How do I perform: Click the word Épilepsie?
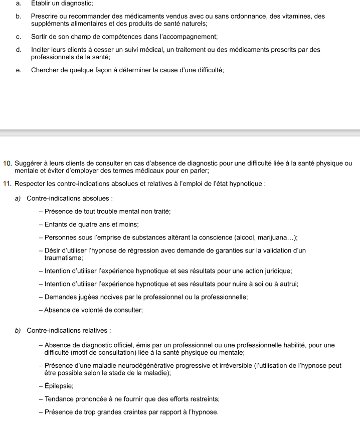(59, 386)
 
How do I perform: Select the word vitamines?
(298, 17)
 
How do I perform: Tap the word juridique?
(275, 271)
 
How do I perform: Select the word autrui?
(288, 284)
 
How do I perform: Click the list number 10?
(7, 163)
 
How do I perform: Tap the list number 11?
(7, 184)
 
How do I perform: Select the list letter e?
(19, 70)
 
